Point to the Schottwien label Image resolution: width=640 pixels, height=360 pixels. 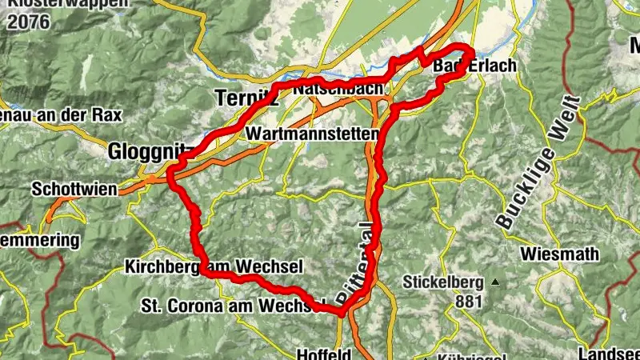(x=74, y=190)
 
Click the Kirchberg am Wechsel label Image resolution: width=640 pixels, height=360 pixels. (x=214, y=266)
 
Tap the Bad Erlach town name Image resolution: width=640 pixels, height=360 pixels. (x=475, y=66)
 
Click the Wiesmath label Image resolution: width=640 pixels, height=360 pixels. (x=559, y=254)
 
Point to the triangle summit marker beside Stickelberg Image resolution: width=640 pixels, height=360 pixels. (x=495, y=282)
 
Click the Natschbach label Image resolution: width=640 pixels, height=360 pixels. (x=338, y=88)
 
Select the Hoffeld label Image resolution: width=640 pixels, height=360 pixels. (x=325, y=354)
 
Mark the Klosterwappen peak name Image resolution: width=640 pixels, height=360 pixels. (x=64, y=4)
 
